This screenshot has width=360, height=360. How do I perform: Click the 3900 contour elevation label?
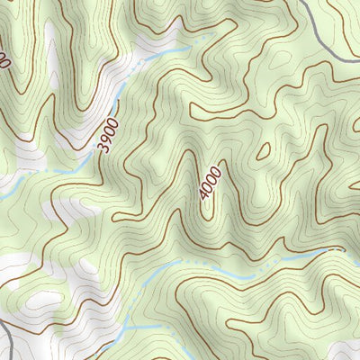click(x=110, y=132)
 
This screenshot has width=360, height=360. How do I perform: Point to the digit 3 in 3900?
click(x=102, y=147)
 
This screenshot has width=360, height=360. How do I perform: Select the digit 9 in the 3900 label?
click(x=107, y=137)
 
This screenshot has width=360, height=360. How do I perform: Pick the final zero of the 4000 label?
click(x=214, y=168)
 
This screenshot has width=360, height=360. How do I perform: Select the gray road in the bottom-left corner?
click(x=7, y=337)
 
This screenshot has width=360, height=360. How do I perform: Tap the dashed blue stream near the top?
click(x=166, y=52)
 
